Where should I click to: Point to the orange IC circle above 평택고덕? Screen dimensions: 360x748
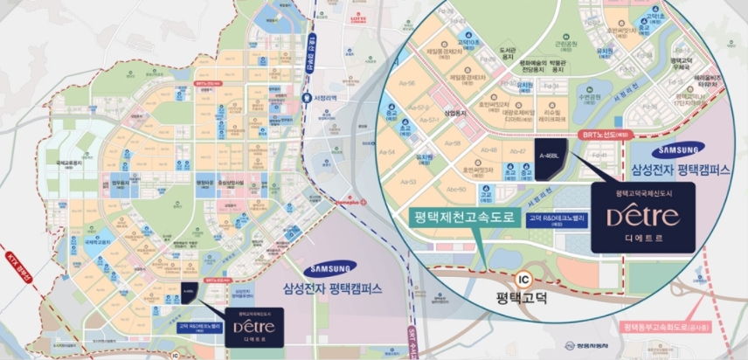coord(523,280)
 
